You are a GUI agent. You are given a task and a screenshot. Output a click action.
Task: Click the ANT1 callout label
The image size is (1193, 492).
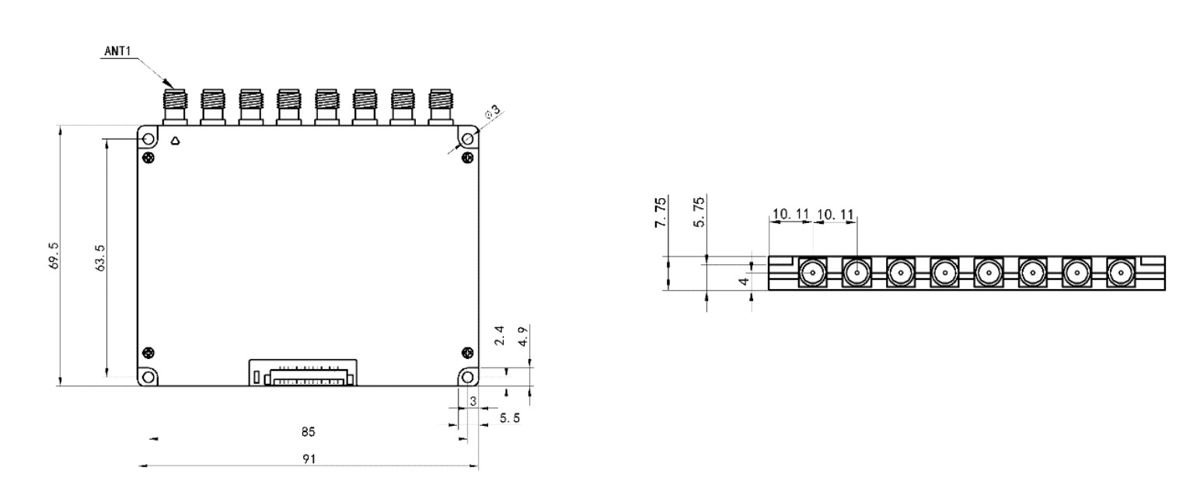(x=117, y=51)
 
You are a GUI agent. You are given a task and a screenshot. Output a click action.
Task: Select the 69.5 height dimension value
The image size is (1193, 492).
(x=54, y=256)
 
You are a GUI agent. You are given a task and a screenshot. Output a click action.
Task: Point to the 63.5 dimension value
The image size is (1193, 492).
(x=100, y=258)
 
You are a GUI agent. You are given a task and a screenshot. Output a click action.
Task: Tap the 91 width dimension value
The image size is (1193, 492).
(x=309, y=459)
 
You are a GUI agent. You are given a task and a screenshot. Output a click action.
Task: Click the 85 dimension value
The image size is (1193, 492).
(x=309, y=432)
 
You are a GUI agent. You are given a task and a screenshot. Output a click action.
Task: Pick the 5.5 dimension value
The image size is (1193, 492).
(x=510, y=418)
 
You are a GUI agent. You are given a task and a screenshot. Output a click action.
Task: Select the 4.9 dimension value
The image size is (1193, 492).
(x=524, y=337)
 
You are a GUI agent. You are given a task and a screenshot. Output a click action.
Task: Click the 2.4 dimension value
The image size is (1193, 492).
(x=500, y=336)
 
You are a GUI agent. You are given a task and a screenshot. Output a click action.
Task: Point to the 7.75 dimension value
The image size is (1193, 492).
(x=661, y=212)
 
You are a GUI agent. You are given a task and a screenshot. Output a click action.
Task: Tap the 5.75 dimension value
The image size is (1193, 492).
(x=699, y=212)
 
